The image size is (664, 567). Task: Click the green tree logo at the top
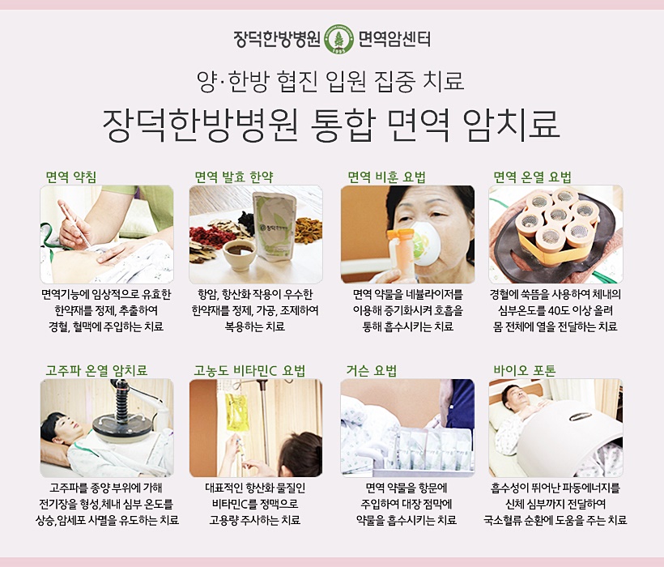pos(338,40)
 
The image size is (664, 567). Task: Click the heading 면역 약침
pos(71,177)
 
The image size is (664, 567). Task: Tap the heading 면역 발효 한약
pos(234,177)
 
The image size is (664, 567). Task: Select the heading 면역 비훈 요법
pos(386,177)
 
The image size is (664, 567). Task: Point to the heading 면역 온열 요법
pos(532,177)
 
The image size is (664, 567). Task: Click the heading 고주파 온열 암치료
pos(96,370)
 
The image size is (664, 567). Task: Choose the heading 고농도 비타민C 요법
pos(249,370)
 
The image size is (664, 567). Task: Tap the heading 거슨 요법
pos(372,370)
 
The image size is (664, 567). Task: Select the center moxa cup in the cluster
pos(557,215)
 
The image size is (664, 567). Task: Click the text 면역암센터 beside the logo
pos(394,40)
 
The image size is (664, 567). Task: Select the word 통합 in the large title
pos(343,125)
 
